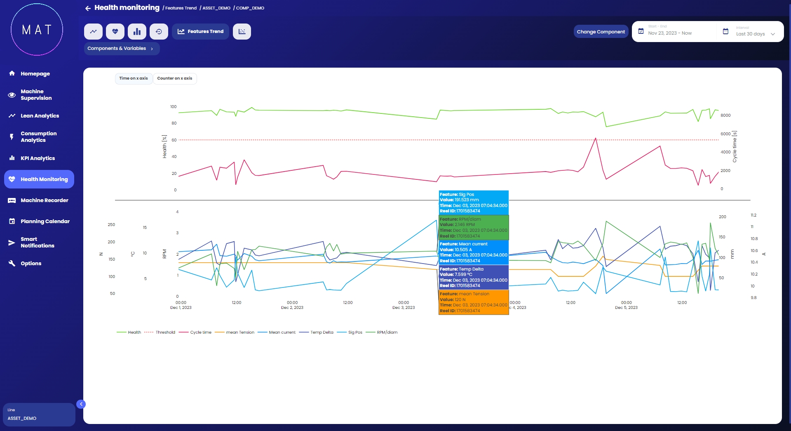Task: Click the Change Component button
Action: [601, 32]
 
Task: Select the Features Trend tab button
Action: [200, 31]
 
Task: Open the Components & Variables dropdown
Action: [121, 49]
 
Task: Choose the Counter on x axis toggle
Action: [174, 78]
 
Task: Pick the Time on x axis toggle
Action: [134, 78]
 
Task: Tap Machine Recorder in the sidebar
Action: [44, 200]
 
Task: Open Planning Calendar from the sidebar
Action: [45, 221]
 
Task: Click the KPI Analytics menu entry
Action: [38, 158]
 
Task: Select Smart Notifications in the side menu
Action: [37, 243]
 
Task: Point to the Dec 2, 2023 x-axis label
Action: [292, 308]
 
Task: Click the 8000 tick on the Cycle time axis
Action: [725, 115]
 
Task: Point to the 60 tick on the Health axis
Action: [174, 140]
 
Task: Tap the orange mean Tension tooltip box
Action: [474, 302]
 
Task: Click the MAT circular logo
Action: [37, 29]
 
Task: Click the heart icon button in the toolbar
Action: [115, 31]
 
